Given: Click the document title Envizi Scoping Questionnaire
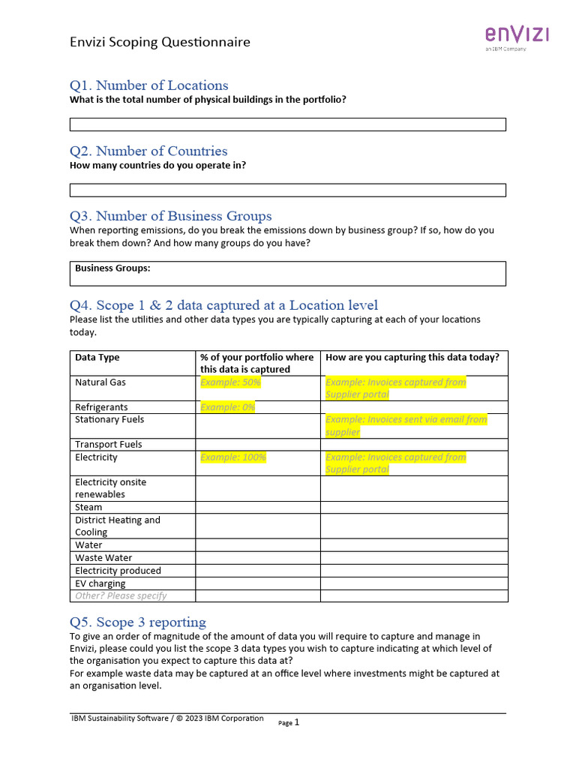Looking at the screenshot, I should (x=160, y=42).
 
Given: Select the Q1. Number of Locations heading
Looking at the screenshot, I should (x=148, y=85).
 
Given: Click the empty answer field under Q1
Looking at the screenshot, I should (x=287, y=124).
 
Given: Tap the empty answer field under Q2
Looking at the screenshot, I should (x=287, y=190).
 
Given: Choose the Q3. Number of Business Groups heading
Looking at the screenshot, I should (x=170, y=216).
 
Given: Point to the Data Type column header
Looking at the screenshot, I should (x=97, y=358).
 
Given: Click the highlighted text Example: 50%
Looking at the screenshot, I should (x=230, y=382).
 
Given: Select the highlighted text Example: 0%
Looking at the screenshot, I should (x=227, y=407).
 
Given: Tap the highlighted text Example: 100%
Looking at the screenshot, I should (x=233, y=457).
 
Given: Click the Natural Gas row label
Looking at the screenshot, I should (x=100, y=382).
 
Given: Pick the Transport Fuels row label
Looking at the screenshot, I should (x=108, y=444).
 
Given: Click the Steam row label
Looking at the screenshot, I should (x=88, y=507).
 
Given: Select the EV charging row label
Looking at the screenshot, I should (x=100, y=583).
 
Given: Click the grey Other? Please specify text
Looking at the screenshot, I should (x=121, y=595).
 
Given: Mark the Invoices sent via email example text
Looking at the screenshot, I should (x=406, y=425).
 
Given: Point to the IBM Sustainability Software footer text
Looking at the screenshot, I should (x=167, y=718).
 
